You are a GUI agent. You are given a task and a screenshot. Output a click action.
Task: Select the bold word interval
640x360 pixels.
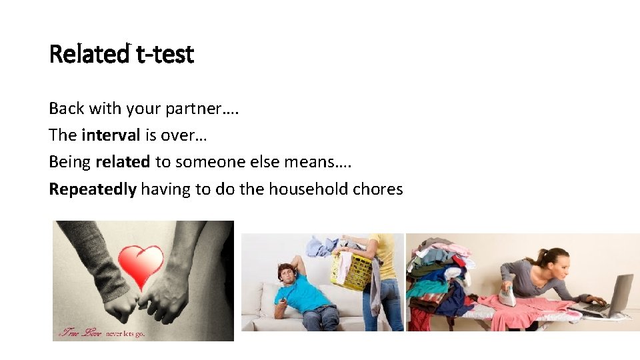click(111, 135)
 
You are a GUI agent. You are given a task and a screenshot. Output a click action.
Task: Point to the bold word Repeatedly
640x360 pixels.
click(93, 189)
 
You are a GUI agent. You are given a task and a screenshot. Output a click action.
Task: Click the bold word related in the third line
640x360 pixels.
click(123, 162)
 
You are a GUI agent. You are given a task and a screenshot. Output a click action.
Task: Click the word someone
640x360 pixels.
click(205, 162)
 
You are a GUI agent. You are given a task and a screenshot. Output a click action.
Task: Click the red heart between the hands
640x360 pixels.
click(141, 265)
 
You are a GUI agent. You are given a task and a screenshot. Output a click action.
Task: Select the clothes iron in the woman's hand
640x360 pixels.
click(508, 294)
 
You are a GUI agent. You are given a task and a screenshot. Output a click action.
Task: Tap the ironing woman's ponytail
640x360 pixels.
click(541, 257)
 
